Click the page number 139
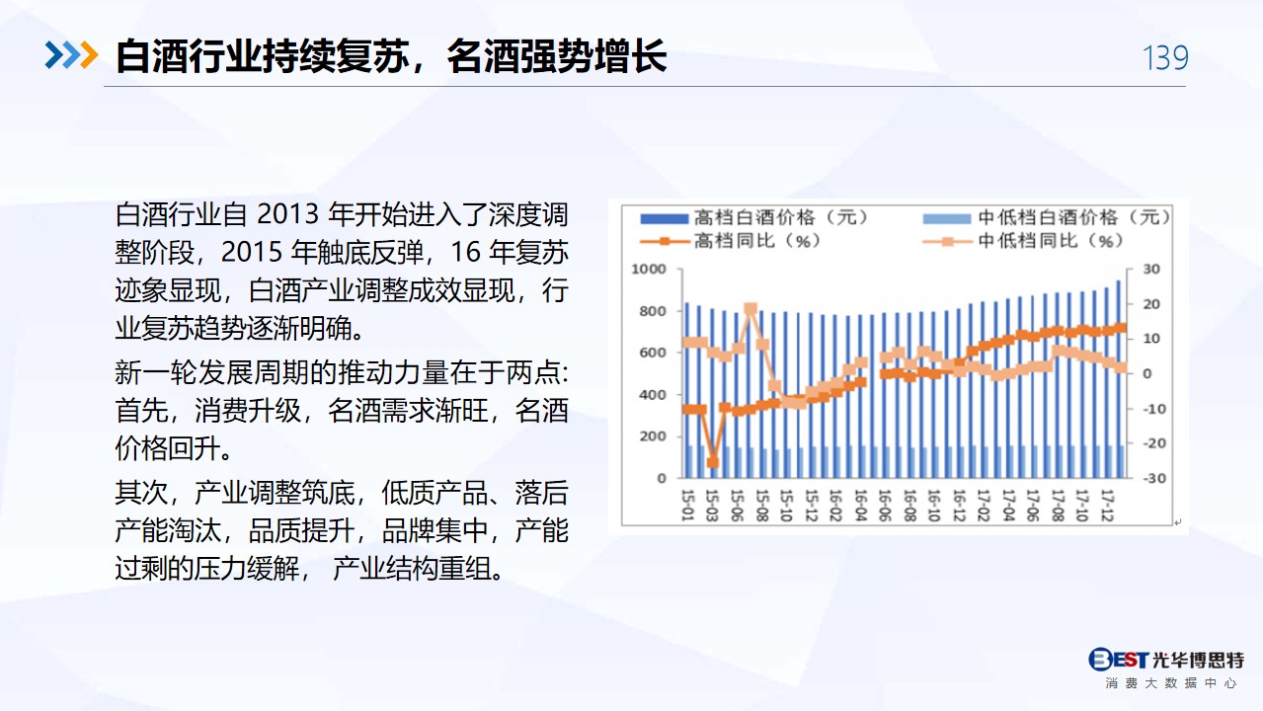click(1165, 57)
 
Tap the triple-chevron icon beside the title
click(71, 55)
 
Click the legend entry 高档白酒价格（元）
click(754, 217)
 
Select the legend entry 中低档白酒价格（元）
click(1047, 217)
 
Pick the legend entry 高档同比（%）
click(731, 241)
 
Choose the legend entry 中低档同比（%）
click(1023, 241)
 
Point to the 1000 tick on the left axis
click(649, 269)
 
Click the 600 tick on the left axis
click(653, 353)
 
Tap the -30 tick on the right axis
click(1154, 478)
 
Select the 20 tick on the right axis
click(1150, 304)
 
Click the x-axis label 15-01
click(687, 506)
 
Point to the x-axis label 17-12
click(1107, 506)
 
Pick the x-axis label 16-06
click(885, 506)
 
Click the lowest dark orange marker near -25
click(713, 462)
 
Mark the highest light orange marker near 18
click(750, 308)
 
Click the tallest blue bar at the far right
click(1119, 379)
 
